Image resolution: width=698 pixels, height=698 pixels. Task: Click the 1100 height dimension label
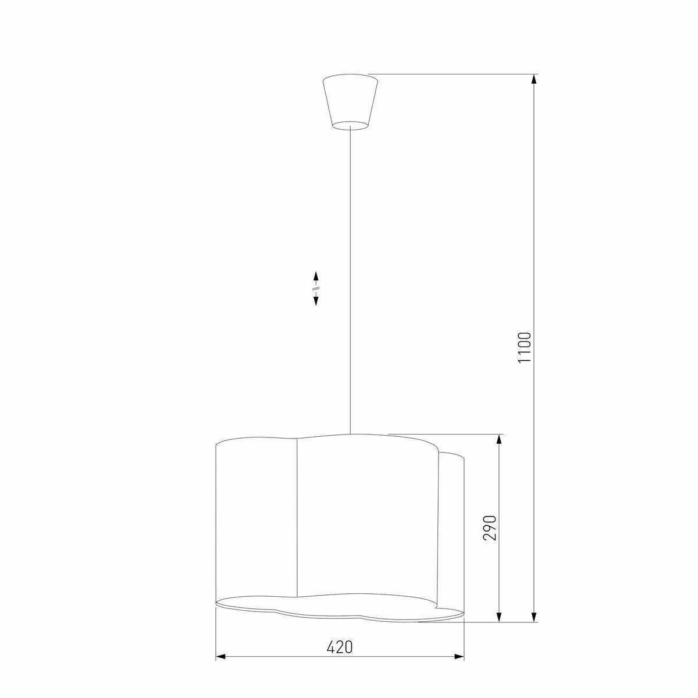click(x=524, y=348)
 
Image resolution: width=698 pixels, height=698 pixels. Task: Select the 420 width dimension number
click(x=339, y=647)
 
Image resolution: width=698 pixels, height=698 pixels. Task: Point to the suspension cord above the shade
click(x=350, y=282)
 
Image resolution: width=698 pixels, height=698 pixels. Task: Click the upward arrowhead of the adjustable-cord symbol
click(x=316, y=276)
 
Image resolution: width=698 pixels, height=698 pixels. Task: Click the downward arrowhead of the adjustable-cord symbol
click(x=316, y=300)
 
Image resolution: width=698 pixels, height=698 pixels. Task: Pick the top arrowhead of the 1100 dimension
click(x=533, y=80)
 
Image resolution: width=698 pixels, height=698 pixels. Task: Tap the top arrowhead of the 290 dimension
click(x=498, y=440)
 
